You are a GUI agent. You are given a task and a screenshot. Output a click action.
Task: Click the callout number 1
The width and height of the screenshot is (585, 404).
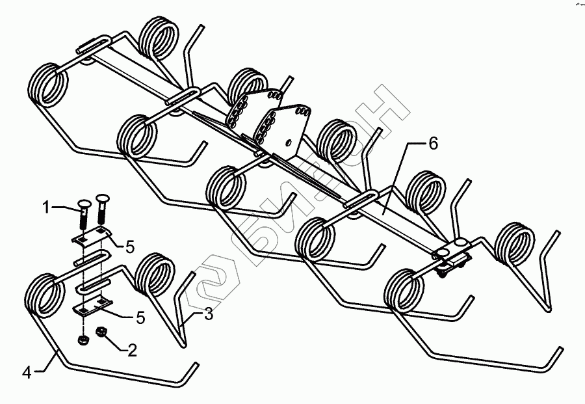(46, 208)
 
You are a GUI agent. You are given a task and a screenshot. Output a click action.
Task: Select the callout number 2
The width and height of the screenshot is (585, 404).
(132, 351)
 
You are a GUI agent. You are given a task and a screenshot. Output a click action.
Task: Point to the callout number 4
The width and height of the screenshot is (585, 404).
(26, 373)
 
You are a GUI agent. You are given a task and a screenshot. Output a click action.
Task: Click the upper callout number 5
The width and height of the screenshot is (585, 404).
(130, 247)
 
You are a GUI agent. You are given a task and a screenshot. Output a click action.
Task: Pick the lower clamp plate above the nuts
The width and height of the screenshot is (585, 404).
(93, 306)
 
